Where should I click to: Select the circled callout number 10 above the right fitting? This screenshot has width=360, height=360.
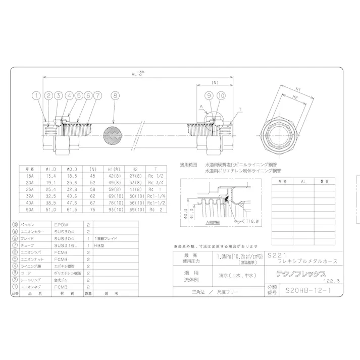click(x=221, y=95)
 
